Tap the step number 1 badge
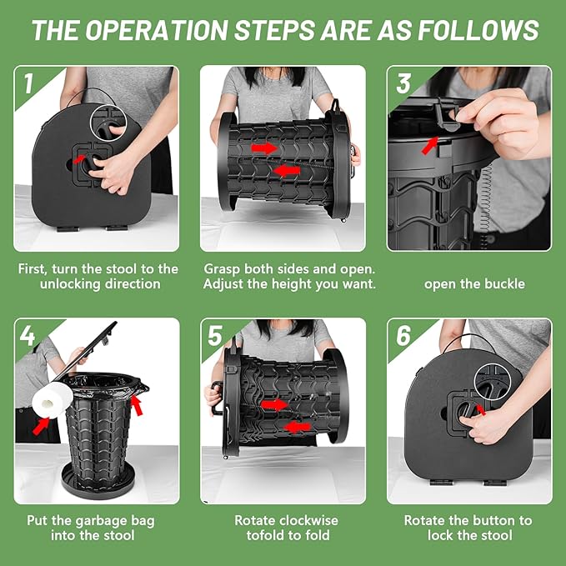[x=28, y=83]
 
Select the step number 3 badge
[x=403, y=83]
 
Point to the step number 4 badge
[x=28, y=336]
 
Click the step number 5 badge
[x=215, y=336]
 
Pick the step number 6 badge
[x=403, y=336]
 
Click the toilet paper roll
[x=53, y=400]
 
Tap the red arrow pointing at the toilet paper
[x=41, y=426]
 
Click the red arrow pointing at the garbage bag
[x=137, y=405]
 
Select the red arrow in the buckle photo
[x=430, y=146]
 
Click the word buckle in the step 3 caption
[x=504, y=283]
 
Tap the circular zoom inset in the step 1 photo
[x=108, y=122]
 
